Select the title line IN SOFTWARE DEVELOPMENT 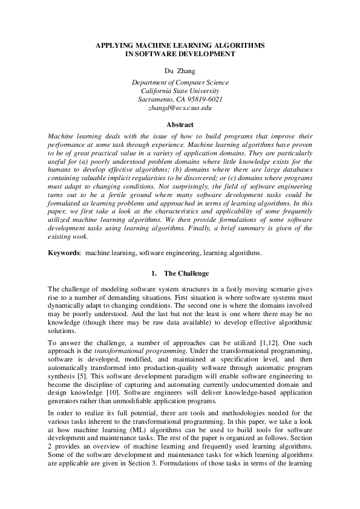click(x=180, y=54)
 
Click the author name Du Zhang click(x=180, y=71)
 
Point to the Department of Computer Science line click(x=180, y=82)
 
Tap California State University click(x=180, y=91)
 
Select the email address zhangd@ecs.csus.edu click(x=180, y=108)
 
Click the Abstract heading click(x=180, y=125)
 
